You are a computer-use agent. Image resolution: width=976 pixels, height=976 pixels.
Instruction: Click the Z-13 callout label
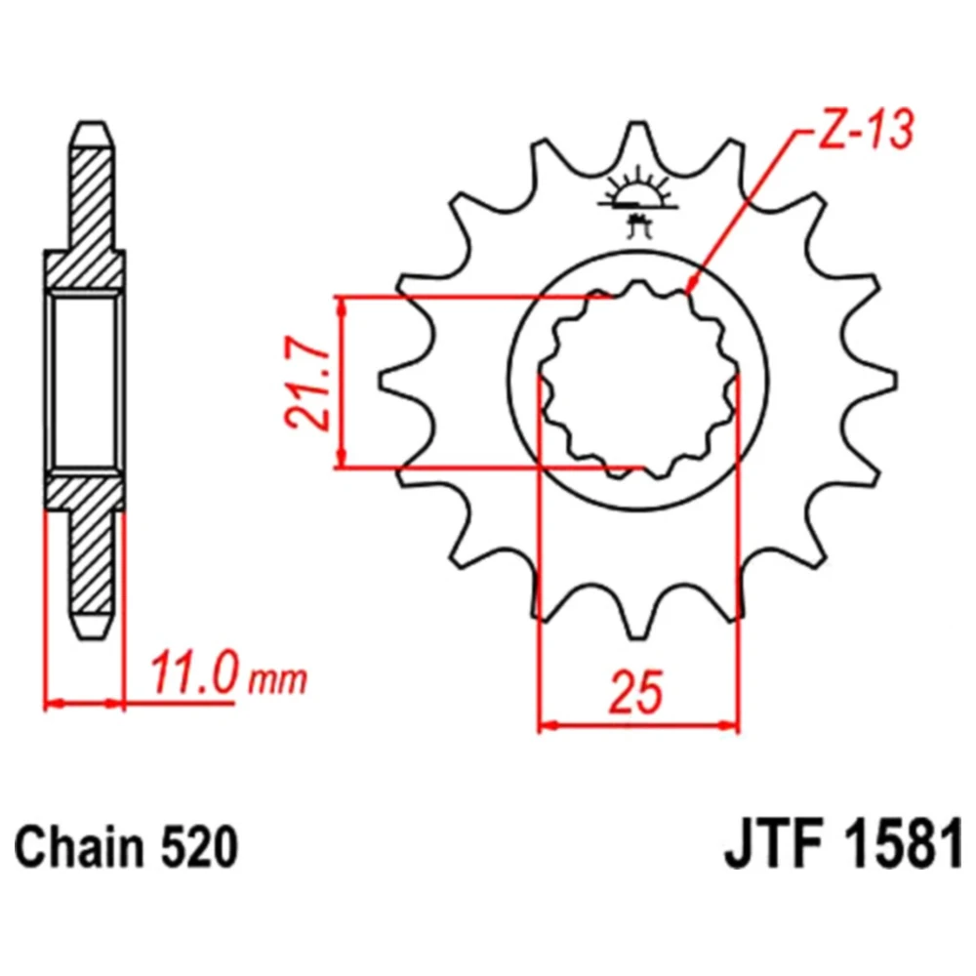pos(866,130)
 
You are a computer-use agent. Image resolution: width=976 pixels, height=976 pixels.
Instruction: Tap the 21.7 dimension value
pos(306,382)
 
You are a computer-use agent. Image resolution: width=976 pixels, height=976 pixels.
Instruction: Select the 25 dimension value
pos(636,692)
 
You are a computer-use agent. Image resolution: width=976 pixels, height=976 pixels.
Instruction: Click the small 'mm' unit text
pos(277,680)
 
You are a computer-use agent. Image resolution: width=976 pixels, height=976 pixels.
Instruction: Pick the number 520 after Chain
pos(199,847)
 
